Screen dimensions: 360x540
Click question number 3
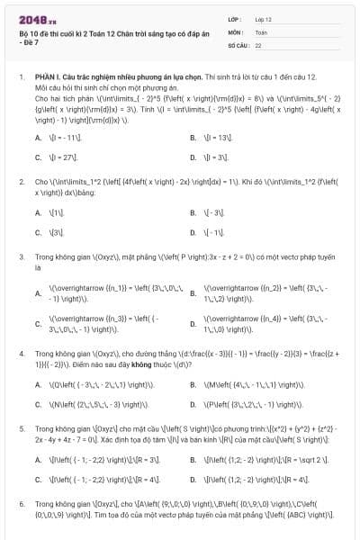click(22, 256)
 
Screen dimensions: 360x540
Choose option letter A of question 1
click(38, 137)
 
